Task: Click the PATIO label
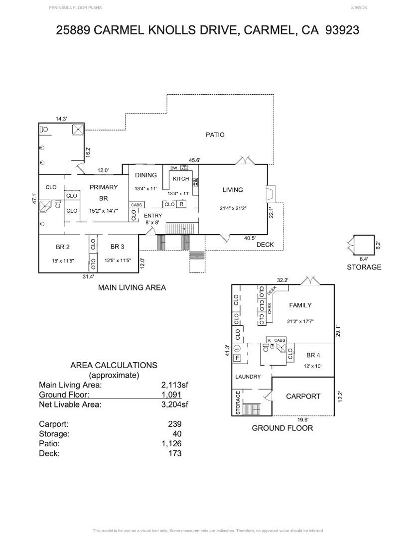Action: click(x=215, y=134)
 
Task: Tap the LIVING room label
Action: click(x=233, y=190)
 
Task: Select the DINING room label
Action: click(x=145, y=175)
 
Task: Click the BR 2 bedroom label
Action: click(x=62, y=247)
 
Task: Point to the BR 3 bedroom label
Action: click(x=117, y=247)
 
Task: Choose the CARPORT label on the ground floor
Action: click(x=303, y=397)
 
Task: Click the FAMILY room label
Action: click(x=300, y=305)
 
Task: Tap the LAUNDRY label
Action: click(x=248, y=377)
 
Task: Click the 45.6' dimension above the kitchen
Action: click(x=195, y=160)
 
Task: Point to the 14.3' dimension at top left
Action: click(x=61, y=119)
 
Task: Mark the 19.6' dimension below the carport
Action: click(x=303, y=419)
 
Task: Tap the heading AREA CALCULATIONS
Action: click(x=114, y=365)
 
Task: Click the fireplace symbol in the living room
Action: click(x=270, y=193)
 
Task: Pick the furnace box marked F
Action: click(x=238, y=358)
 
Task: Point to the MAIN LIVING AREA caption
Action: click(x=132, y=287)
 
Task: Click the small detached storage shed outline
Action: click(x=362, y=245)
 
